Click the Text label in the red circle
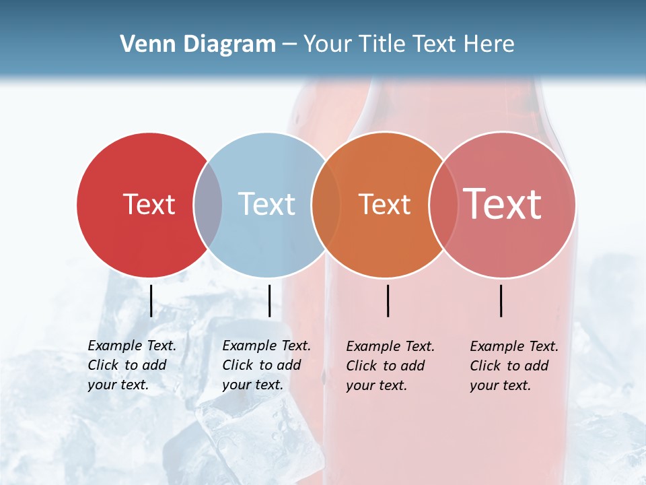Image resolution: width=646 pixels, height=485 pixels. pos(149,204)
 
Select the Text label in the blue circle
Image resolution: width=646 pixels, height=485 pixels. pos(266,204)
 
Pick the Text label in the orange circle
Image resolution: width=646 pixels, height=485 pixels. pos(384,204)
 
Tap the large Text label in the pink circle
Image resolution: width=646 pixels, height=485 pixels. pos(502,203)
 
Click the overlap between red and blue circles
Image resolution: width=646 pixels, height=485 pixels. pos(207,205)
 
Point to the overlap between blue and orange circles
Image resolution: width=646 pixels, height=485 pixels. pos(325,205)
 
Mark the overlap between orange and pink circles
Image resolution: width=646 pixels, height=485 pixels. pos(443,205)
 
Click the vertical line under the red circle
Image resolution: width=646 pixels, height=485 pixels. pos(151,300)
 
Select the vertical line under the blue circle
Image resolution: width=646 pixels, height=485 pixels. pos(269,300)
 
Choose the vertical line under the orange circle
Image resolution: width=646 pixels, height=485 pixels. pos(388,300)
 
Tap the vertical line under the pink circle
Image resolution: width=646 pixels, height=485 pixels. pos(501,300)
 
